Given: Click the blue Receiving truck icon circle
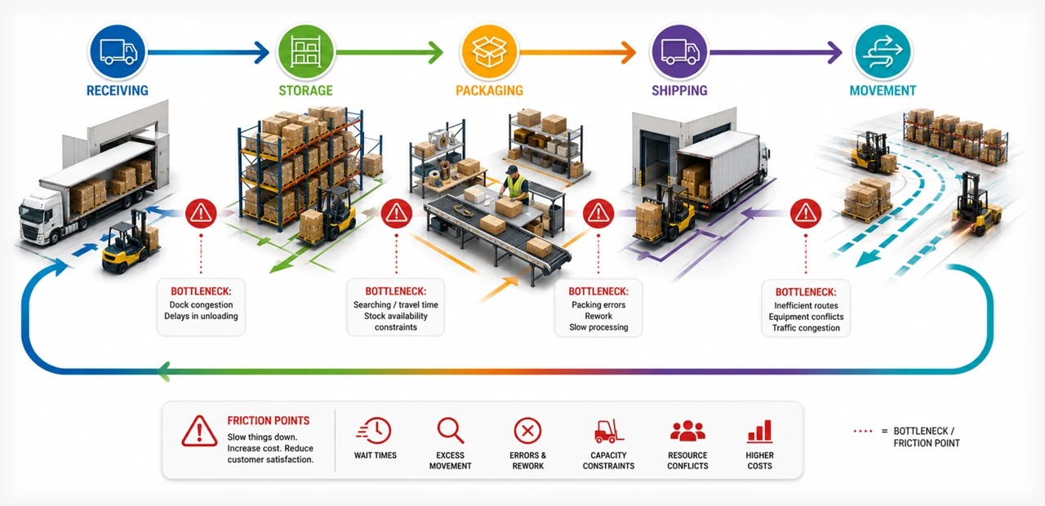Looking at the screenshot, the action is click(118, 51).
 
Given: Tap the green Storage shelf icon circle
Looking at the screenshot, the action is click(305, 51).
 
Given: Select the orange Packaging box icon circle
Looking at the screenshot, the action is click(489, 51).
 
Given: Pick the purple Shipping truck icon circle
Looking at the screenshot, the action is click(680, 51).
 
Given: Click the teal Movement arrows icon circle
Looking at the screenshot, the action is click(883, 51).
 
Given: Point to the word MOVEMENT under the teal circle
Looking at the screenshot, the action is click(883, 91).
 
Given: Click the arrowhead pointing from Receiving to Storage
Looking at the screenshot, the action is click(261, 52).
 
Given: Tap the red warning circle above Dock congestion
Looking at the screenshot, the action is click(201, 214).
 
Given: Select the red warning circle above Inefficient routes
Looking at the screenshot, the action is click(806, 214).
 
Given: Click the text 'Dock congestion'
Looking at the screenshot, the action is click(201, 304).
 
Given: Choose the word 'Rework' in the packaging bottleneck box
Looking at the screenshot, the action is click(598, 316).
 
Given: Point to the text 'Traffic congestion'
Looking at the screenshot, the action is click(806, 328).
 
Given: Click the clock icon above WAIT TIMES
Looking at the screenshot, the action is click(375, 430).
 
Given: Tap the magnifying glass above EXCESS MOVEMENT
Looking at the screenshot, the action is click(450, 430).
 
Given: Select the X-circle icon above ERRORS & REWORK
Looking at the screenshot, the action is click(527, 430).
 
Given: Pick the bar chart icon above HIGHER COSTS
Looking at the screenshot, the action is click(760, 431).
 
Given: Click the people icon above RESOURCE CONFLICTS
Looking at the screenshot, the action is click(687, 430).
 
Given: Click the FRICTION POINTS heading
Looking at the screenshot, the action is click(269, 420).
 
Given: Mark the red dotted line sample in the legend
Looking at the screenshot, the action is click(863, 431).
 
